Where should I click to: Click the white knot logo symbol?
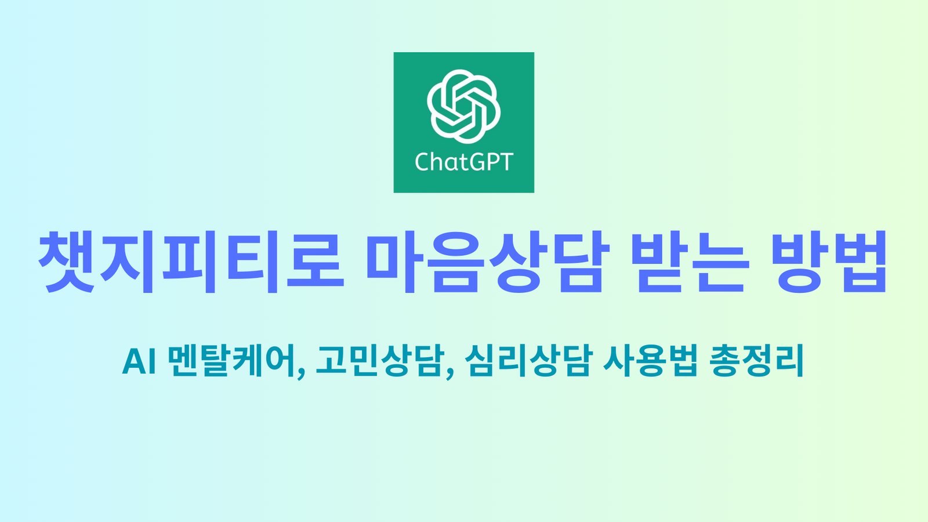(x=463, y=106)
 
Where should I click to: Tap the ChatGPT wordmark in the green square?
(x=464, y=162)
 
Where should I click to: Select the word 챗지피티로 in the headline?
(x=191, y=262)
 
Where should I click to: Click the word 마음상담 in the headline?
(x=488, y=262)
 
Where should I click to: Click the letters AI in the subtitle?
(x=139, y=361)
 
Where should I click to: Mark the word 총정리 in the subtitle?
(x=756, y=360)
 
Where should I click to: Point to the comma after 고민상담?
(x=450, y=374)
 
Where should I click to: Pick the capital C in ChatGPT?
(x=423, y=162)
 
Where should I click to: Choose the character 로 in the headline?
(x=316, y=261)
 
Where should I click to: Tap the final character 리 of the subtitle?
(x=789, y=360)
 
